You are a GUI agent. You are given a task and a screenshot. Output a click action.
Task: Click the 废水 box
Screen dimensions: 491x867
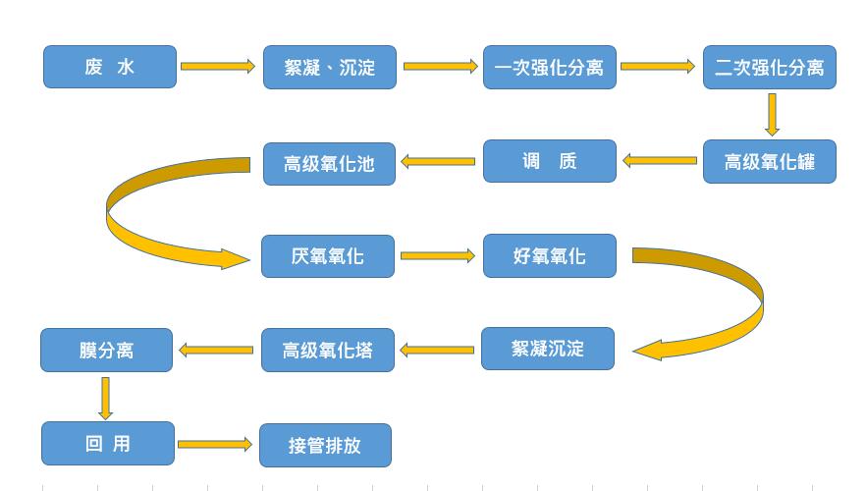pos(110,67)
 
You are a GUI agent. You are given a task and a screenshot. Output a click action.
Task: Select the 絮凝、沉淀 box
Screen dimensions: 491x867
pos(330,67)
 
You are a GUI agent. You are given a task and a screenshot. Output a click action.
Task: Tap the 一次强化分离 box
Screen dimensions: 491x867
pos(550,67)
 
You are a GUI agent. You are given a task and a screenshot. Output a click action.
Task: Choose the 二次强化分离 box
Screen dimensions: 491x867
pos(770,67)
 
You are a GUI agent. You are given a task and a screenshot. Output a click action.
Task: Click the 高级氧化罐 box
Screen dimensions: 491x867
pos(770,162)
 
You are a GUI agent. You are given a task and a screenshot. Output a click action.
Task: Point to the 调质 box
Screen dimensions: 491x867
pos(550,161)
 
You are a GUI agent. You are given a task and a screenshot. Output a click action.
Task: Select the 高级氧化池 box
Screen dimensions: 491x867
pos(330,163)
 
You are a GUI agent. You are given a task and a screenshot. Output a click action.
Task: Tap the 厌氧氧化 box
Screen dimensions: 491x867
pos(328,256)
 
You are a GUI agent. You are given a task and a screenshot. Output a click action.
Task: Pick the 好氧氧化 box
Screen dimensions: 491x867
pos(550,255)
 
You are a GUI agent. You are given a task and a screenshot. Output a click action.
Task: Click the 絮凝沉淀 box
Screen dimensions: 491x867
pos(548,349)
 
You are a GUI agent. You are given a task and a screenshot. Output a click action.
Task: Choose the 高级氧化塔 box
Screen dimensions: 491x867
pos(328,351)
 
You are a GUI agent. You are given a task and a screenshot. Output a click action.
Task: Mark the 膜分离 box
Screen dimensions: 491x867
pos(106,351)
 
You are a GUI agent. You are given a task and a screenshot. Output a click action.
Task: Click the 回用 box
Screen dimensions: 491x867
pos(108,444)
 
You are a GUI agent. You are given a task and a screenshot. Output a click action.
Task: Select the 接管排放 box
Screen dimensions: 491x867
pos(325,446)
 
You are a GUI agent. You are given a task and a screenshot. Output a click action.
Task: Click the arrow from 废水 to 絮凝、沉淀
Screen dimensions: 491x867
pos(218,67)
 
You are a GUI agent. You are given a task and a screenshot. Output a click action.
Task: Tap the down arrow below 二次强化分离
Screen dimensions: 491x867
pos(772,114)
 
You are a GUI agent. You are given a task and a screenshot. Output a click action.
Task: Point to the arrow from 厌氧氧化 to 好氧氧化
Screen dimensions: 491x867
pos(438,256)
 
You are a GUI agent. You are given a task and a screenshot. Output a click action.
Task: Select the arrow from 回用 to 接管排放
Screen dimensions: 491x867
pos(215,445)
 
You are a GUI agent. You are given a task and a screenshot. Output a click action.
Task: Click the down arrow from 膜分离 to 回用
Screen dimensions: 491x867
pos(105,398)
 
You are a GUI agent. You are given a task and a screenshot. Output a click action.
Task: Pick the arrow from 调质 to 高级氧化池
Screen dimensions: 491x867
pos(438,161)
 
